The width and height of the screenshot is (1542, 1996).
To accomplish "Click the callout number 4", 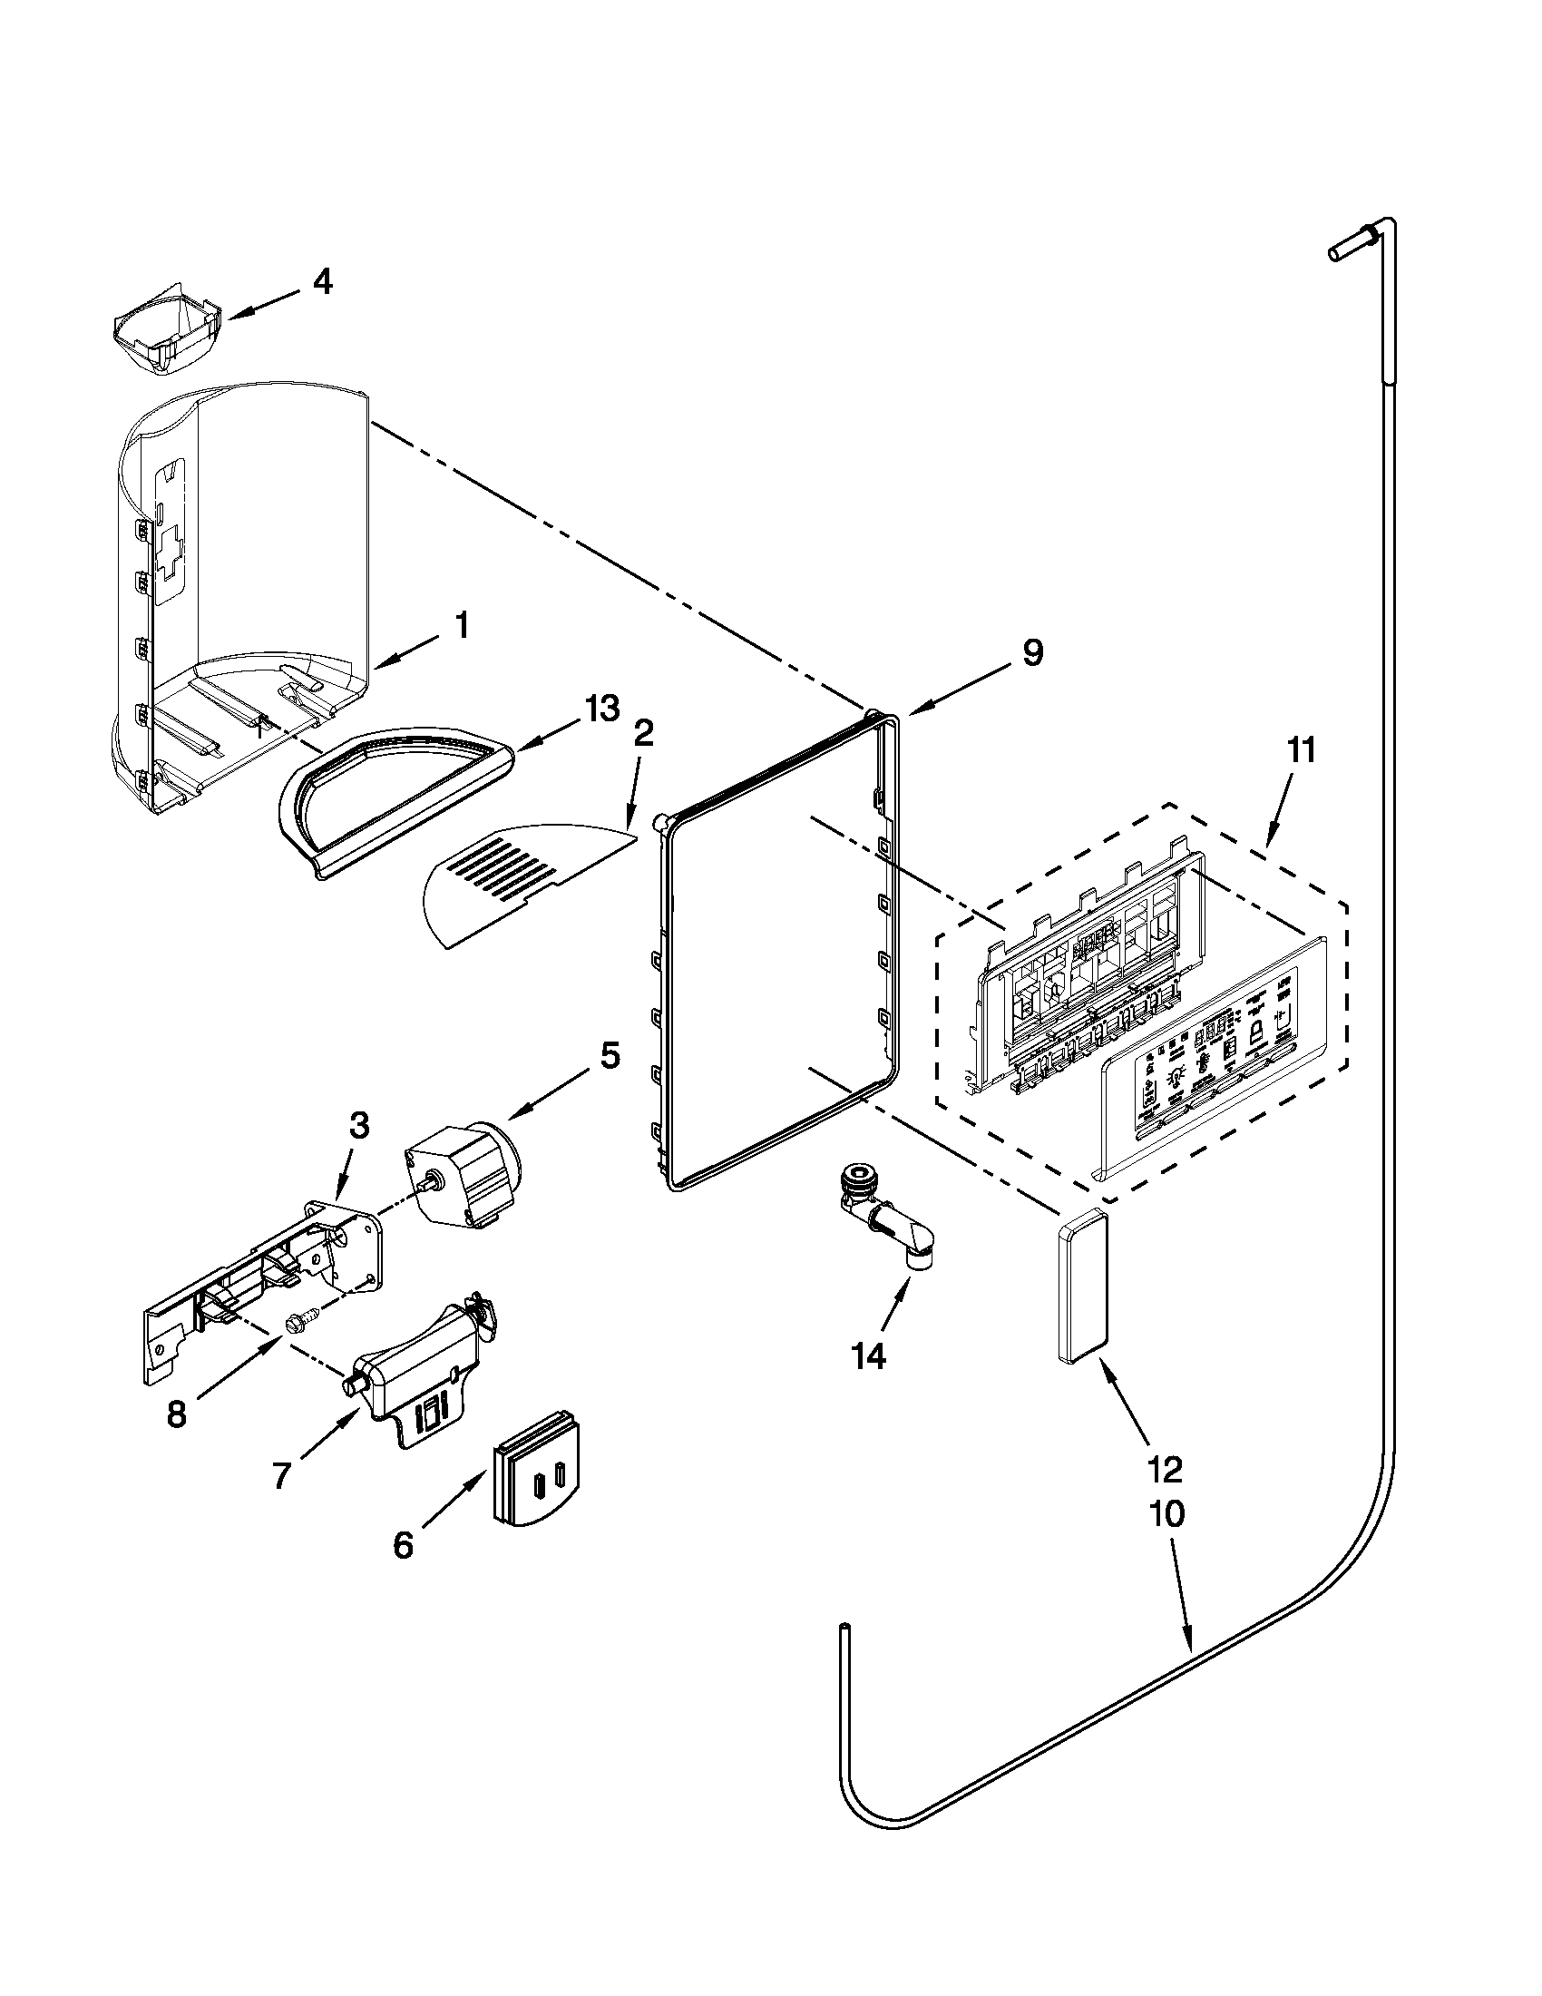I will pos(322,282).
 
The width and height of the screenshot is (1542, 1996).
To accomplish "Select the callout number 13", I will pos(602,709).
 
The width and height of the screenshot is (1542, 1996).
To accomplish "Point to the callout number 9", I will pos(1032,653).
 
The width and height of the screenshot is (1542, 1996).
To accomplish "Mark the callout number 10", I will pos(1167,1514).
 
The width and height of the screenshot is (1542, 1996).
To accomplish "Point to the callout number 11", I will pos(1302,751).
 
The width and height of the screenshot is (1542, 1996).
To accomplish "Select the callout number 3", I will pos(360,1127).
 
